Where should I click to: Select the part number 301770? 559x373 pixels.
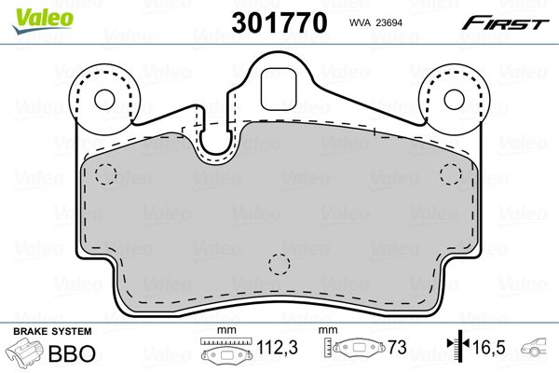coord(279,22)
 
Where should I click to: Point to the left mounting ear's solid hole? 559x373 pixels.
coord(104,99)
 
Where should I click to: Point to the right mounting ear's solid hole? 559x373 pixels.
coord(455,99)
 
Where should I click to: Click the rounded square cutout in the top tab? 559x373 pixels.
coord(279,90)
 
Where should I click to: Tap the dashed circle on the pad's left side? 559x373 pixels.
coord(106,174)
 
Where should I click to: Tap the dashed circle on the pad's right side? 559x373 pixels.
coord(451,174)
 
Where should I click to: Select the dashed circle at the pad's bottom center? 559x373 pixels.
coord(279,265)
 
